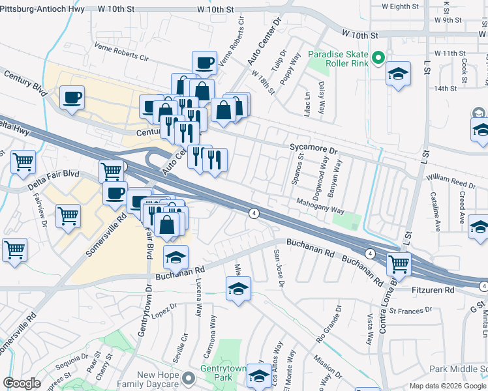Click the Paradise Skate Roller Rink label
coord(338,59)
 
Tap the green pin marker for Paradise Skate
coord(377,60)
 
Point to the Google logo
coord(22,383)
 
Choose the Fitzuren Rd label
coord(432,289)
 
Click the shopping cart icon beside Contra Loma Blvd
coord(398,265)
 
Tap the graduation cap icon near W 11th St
coord(397,76)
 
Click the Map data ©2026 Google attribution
coord(448,386)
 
